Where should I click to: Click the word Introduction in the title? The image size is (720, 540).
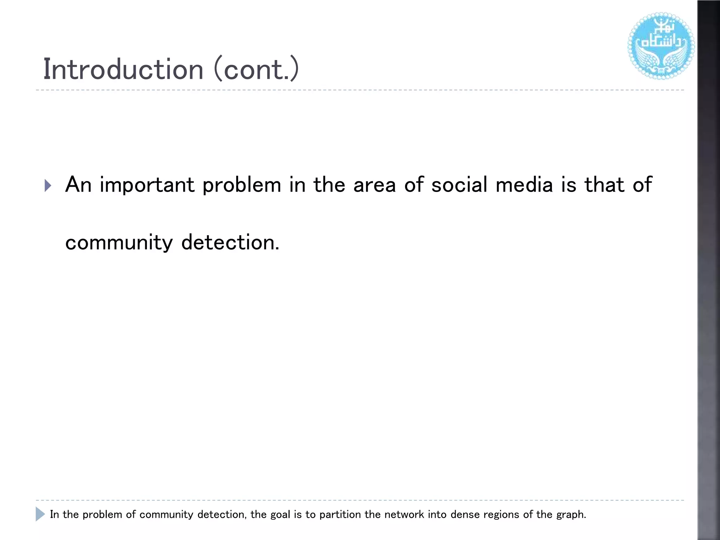click(123, 69)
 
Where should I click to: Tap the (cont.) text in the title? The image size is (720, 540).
click(256, 69)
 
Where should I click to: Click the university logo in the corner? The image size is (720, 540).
click(661, 46)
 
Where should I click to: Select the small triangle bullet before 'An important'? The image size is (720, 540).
click(48, 185)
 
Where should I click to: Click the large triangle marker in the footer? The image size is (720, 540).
click(40, 514)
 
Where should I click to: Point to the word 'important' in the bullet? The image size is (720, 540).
click(147, 185)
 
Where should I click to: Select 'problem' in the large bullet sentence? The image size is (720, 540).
click(242, 185)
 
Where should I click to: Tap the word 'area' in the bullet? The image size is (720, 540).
click(374, 185)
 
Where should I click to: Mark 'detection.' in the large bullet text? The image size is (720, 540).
click(230, 243)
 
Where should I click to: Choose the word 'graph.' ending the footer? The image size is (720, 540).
click(571, 515)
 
